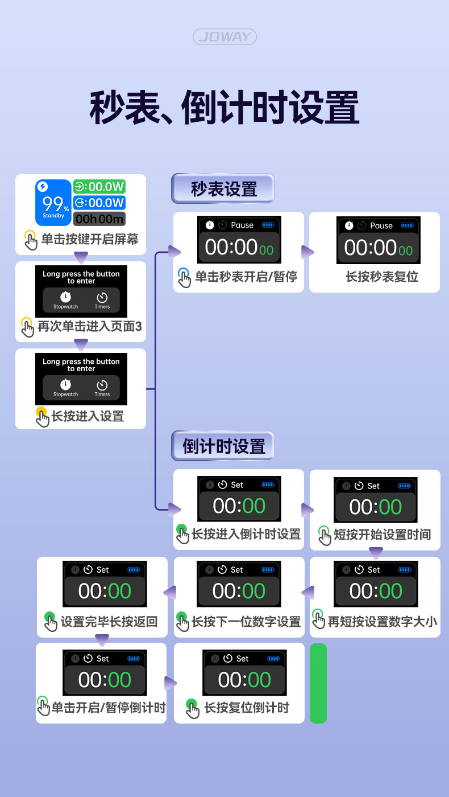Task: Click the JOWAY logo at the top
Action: pyautogui.click(x=224, y=38)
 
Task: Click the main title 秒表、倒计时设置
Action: pyautogui.click(x=224, y=107)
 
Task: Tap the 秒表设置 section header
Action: pyautogui.click(x=223, y=189)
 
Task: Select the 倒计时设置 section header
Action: pyautogui.click(x=223, y=446)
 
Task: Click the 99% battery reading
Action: pyautogui.click(x=53, y=203)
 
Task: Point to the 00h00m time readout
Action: pyautogui.click(x=99, y=219)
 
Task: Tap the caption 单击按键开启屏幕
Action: pyautogui.click(x=90, y=239)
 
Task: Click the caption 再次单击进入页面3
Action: pyautogui.click(x=89, y=327)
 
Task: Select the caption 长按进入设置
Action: pyautogui.click(x=88, y=417)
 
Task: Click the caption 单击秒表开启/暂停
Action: pyautogui.click(x=246, y=277)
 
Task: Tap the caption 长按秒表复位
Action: pyautogui.click(x=382, y=277)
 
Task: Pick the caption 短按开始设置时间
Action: pyautogui.click(x=382, y=535)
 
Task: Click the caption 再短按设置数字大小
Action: pyautogui.click(x=383, y=622)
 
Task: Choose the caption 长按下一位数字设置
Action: pyautogui.click(x=246, y=622)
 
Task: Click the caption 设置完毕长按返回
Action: pyautogui.click(x=109, y=622)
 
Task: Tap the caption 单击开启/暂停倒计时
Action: pyautogui.click(x=108, y=708)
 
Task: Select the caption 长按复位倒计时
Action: pyautogui.click(x=247, y=708)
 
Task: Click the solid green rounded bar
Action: pyautogui.click(x=318, y=683)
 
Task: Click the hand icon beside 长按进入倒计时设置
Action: pyautogui.click(x=182, y=534)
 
